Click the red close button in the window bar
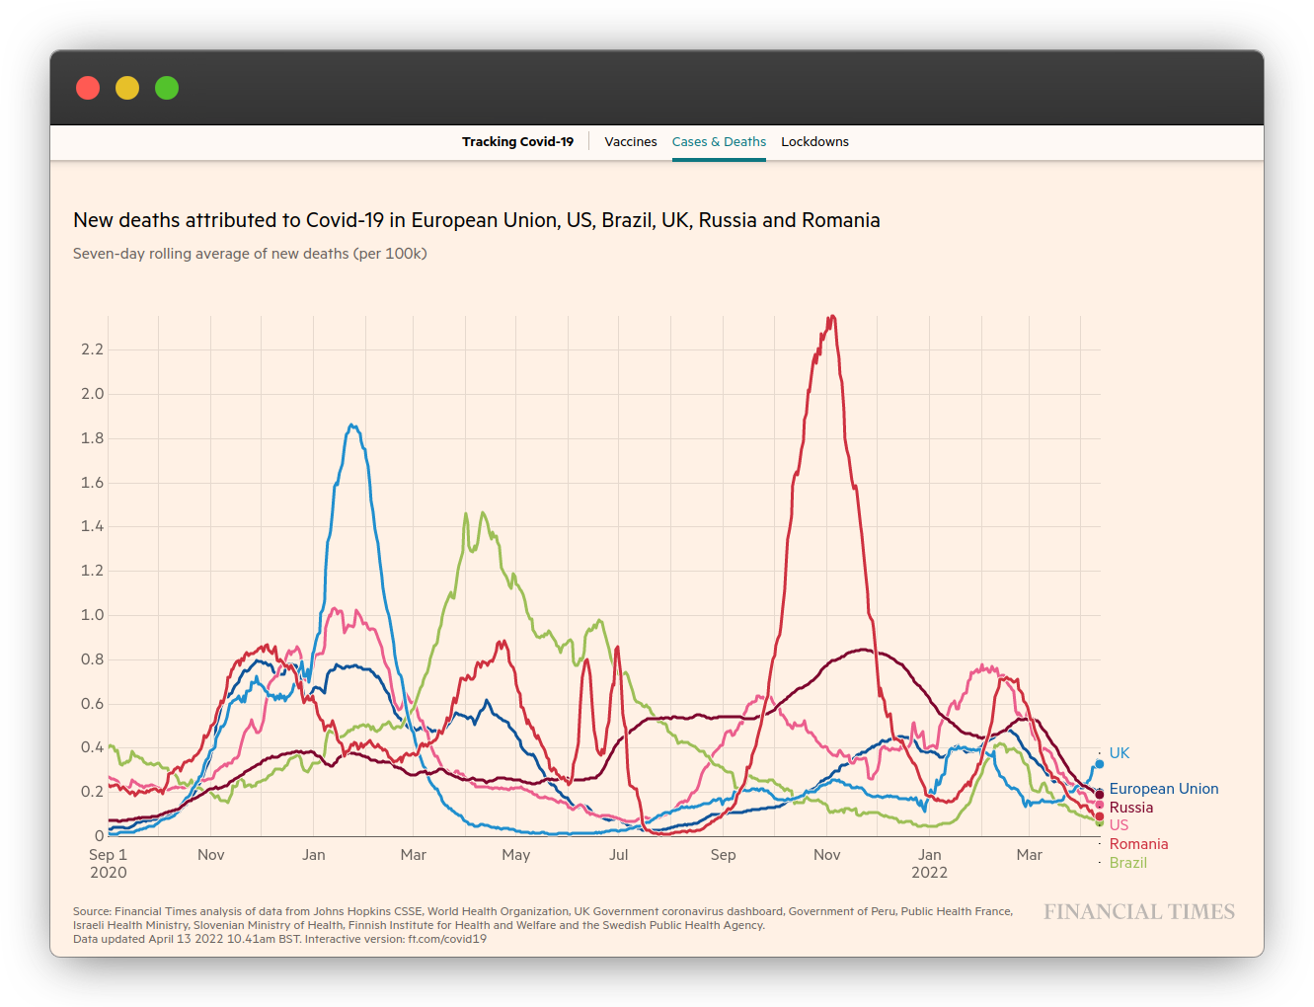pos(88,88)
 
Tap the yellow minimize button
pos(127,88)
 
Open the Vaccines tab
pos(630,142)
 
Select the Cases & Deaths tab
pos(719,142)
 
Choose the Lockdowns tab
pos(814,142)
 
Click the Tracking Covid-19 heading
pos(517,142)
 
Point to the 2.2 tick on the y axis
pos(92,349)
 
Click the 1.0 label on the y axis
pos(92,615)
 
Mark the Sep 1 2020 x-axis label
pos(108,863)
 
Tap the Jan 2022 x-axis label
pos(929,863)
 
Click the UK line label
pos(1119,753)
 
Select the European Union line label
pos(1163,789)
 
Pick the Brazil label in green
pos(1127,863)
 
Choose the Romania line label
pos(1138,844)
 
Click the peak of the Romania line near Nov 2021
pos(832,317)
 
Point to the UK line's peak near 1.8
pos(352,426)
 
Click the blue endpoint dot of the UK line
pos(1099,763)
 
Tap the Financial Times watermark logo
pos(1139,912)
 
